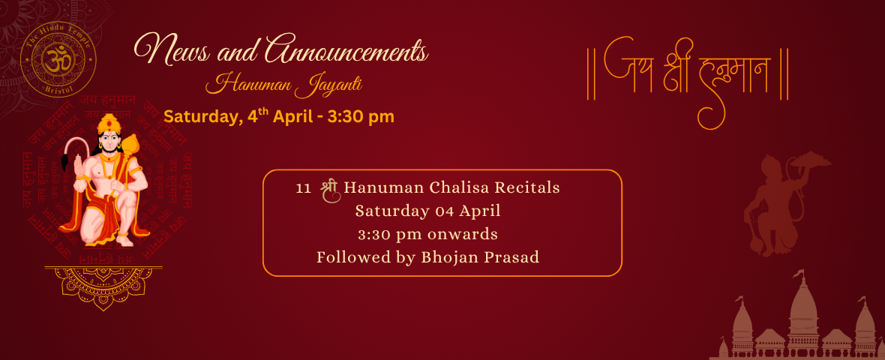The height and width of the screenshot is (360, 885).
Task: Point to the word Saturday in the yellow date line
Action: [x=200, y=117]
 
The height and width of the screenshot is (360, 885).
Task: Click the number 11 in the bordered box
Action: [x=303, y=188]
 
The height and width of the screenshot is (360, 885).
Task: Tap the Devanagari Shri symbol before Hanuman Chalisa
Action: [x=328, y=189]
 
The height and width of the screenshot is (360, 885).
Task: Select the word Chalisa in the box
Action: [x=442, y=187]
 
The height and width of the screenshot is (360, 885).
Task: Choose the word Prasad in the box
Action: [x=508, y=257]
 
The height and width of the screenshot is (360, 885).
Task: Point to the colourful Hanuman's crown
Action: [x=109, y=122]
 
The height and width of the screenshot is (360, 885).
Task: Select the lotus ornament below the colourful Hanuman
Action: [x=103, y=288]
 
